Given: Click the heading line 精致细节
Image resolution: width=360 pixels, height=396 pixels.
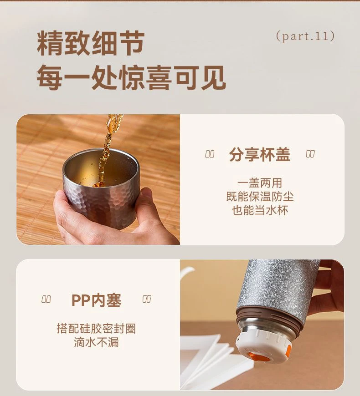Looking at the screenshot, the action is pyautogui.click(x=91, y=43).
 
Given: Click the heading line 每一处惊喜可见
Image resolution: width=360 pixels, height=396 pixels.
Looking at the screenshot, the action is pyautogui.click(x=131, y=77).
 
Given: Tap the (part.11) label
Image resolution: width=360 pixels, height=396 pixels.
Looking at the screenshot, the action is pyautogui.click(x=306, y=36).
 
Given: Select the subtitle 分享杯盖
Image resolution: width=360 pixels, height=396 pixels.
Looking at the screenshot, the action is pyautogui.click(x=260, y=154).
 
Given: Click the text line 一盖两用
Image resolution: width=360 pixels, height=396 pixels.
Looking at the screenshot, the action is pyautogui.click(x=260, y=183).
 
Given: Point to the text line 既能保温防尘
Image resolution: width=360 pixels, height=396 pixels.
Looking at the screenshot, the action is pyautogui.click(x=260, y=197).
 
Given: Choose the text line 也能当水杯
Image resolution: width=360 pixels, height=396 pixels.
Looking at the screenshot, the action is pyautogui.click(x=260, y=210).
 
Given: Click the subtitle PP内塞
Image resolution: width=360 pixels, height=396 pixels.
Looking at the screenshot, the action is pyautogui.click(x=96, y=300).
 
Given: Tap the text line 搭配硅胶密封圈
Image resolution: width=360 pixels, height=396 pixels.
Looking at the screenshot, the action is pyautogui.click(x=96, y=329).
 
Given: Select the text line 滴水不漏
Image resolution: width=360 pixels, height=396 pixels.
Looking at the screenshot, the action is pyautogui.click(x=96, y=342).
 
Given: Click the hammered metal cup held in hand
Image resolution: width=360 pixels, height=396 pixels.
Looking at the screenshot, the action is pyautogui.click(x=101, y=188).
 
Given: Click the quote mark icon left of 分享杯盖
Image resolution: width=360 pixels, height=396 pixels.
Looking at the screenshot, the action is pyautogui.click(x=210, y=154).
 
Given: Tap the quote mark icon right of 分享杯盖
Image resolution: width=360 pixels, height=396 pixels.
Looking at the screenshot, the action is pyautogui.click(x=310, y=154).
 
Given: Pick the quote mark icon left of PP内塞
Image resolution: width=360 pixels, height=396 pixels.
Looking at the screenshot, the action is pyautogui.click(x=46, y=299).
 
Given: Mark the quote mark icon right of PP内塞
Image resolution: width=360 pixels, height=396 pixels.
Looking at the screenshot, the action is pyautogui.click(x=147, y=299).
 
